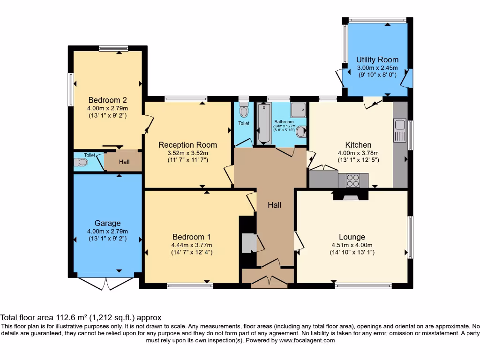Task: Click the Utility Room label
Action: point(377,60)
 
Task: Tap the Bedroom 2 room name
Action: point(107,100)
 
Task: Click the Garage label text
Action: point(107,223)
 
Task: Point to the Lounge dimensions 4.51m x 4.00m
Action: point(352,245)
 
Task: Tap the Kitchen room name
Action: point(358,145)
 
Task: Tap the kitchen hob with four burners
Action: point(353,180)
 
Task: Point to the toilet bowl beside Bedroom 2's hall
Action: point(82,162)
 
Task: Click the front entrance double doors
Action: point(268,281)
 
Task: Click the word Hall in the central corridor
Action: point(274,205)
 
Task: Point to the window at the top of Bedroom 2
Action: point(113,47)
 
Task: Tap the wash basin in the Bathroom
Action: point(300,133)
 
